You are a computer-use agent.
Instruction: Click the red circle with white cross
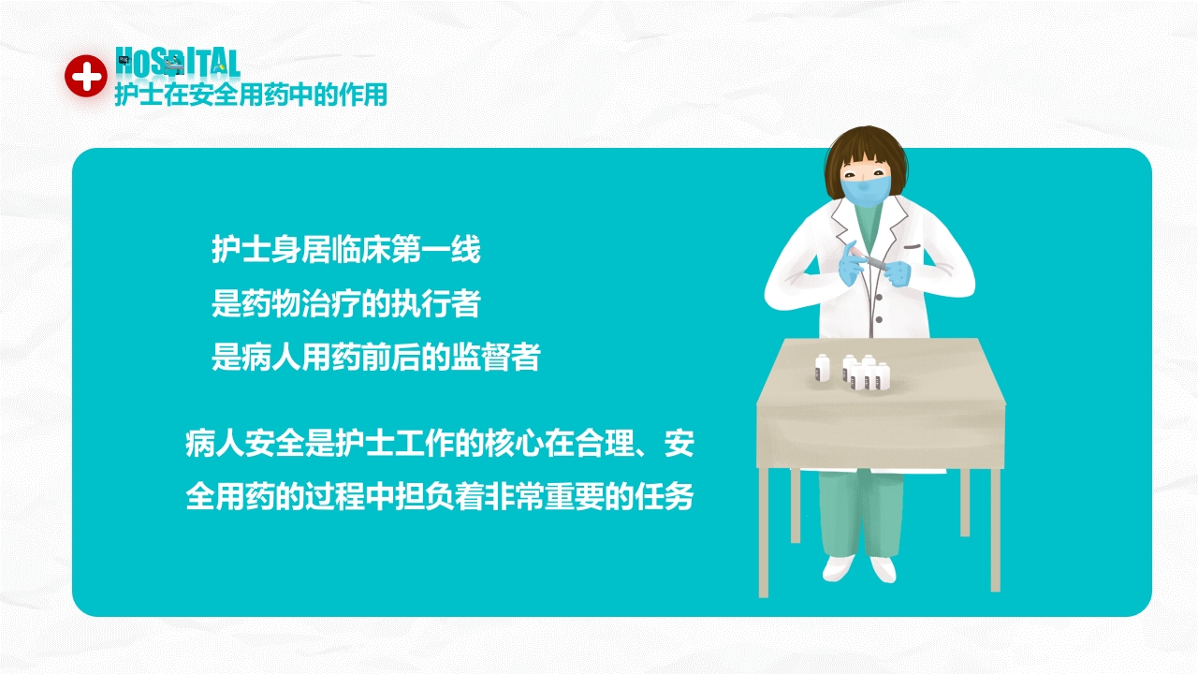[x=86, y=76]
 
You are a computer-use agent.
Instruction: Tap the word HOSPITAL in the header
[x=177, y=63]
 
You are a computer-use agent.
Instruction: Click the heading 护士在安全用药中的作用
[x=251, y=95]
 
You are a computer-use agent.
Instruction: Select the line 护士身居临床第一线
[x=345, y=251]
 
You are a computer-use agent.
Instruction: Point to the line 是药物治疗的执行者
[x=345, y=304]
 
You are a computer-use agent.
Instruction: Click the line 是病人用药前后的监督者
[x=375, y=358]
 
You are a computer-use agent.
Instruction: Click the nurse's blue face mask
[x=865, y=192]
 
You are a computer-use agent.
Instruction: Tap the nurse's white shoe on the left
[x=840, y=567]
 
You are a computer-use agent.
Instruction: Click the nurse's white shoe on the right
[x=883, y=568]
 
